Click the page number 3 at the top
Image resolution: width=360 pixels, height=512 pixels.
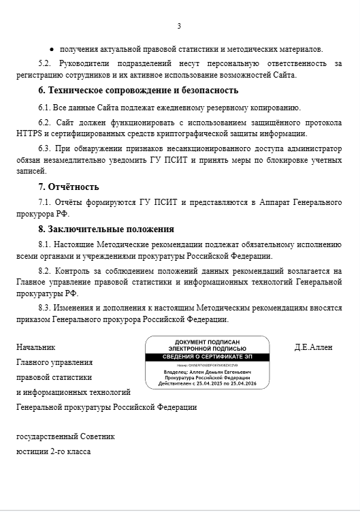coord(179,27)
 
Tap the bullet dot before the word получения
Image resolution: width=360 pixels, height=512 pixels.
coord(52,50)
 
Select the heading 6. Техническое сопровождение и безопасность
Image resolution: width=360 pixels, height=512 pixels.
coord(138,90)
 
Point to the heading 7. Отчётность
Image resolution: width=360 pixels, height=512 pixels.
coord(68,187)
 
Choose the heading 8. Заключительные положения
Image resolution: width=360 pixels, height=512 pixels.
coord(105,229)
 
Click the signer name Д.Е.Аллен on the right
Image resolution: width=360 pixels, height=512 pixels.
coord(313,347)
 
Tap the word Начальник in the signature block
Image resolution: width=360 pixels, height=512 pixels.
coord(36,347)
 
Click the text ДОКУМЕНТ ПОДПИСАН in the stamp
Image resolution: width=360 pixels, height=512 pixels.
coord(207,342)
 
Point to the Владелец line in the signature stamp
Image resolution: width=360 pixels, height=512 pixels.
coord(207,372)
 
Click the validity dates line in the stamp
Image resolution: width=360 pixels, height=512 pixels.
coord(207,384)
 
